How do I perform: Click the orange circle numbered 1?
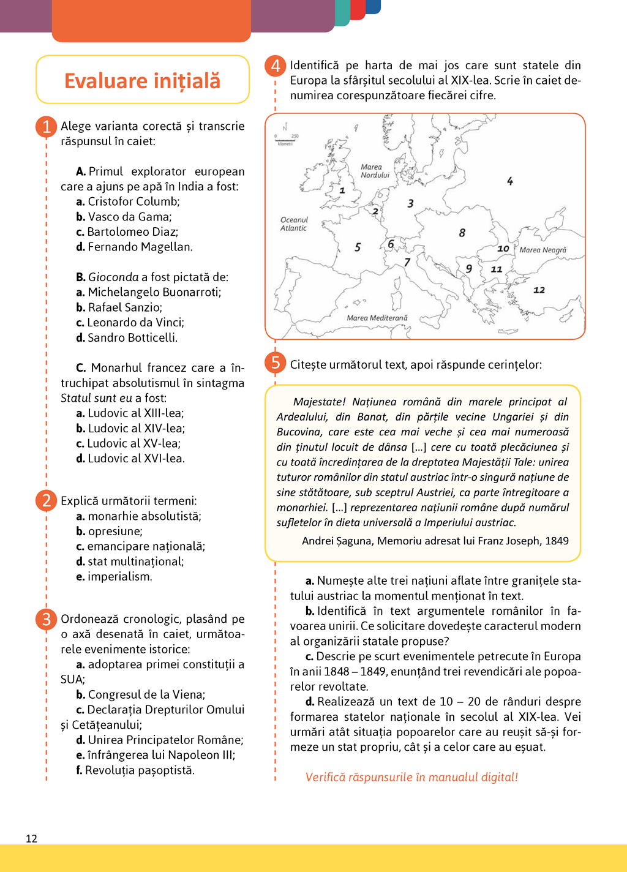pyautogui.click(x=46, y=127)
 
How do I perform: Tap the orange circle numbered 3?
pyautogui.click(x=46, y=619)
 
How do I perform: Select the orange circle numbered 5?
pyautogui.click(x=276, y=363)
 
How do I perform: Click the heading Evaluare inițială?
pyautogui.click(x=142, y=81)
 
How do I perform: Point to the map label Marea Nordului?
pyautogui.click(x=375, y=171)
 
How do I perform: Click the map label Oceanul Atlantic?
pyautogui.click(x=294, y=224)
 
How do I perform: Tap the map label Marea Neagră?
pyautogui.click(x=543, y=250)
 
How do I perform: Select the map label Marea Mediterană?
pyautogui.click(x=377, y=318)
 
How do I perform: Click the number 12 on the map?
pyautogui.click(x=539, y=290)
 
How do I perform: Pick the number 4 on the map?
pyautogui.click(x=510, y=181)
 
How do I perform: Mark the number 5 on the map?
pyautogui.click(x=358, y=247)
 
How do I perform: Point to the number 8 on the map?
pyautogui.click(x=462, y=233)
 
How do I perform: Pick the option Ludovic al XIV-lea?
pyautogui.click(x=135, y=429)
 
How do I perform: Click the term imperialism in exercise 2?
pyautogui.click(x=119, y=577)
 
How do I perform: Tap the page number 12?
pyautogui.click(x=32, y=839)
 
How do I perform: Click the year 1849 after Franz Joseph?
pyautogui.click(x=557, y=541)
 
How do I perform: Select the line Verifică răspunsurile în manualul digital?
pyautogui.click(x=411, y=777)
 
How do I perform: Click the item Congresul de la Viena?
pyautogui.click(x=146, y=694)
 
